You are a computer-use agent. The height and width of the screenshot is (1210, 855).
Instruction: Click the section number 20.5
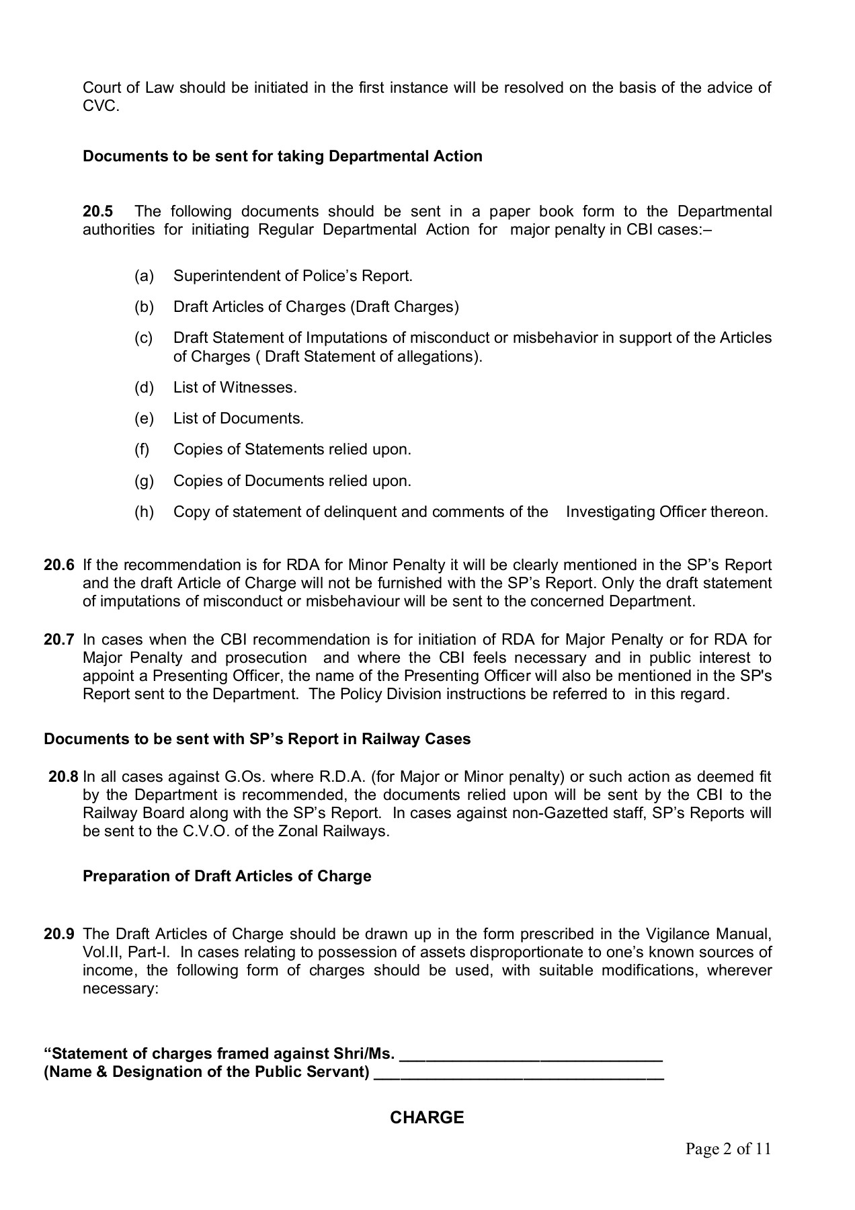[97, 212]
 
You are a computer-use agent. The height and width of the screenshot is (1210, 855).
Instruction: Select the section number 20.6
[58, 565]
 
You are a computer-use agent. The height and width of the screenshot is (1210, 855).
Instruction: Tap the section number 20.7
[58, 639]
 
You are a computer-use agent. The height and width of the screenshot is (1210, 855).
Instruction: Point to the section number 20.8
[63, 777]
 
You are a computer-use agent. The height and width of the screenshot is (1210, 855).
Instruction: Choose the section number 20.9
[58, 934]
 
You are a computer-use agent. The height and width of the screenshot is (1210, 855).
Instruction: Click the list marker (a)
[144, 276]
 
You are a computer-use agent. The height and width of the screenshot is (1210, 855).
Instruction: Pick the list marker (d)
[144, 387]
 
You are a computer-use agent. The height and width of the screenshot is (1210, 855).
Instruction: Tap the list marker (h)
[144, 512]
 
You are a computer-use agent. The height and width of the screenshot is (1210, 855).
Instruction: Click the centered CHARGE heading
[427, 1117]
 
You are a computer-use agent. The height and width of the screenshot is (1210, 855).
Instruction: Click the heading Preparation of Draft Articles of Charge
[227, 876]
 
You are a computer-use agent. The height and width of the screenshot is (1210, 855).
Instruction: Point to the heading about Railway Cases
[257, 739]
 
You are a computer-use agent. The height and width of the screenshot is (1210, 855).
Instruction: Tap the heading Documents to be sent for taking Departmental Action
[282, 156]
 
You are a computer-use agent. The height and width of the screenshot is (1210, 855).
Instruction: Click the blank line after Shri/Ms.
[531, 1053]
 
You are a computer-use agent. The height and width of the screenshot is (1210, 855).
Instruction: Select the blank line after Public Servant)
[518, 1072]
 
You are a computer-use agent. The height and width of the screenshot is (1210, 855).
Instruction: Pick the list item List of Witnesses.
[235, 387]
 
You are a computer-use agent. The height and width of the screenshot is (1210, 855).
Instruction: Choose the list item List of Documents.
[239, 418]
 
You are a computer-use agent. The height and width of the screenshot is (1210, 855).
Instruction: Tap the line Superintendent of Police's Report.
[293, 276]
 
